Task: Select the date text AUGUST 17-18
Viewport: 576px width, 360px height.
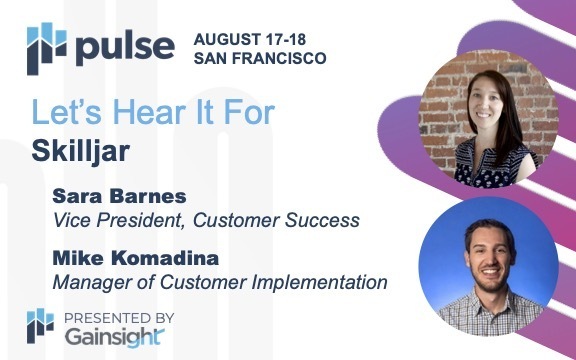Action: coord(251,38)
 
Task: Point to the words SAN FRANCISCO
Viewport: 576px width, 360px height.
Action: coord(260,58)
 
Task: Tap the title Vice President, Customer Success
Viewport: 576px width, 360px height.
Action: coord(191,219)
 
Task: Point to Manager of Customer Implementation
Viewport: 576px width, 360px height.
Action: coord(218,282)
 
